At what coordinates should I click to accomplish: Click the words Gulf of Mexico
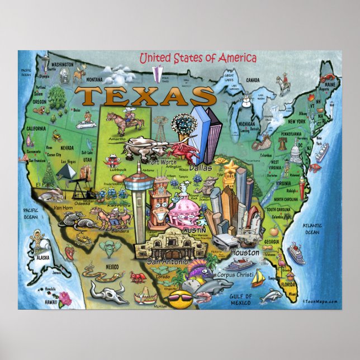pos(241,300)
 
